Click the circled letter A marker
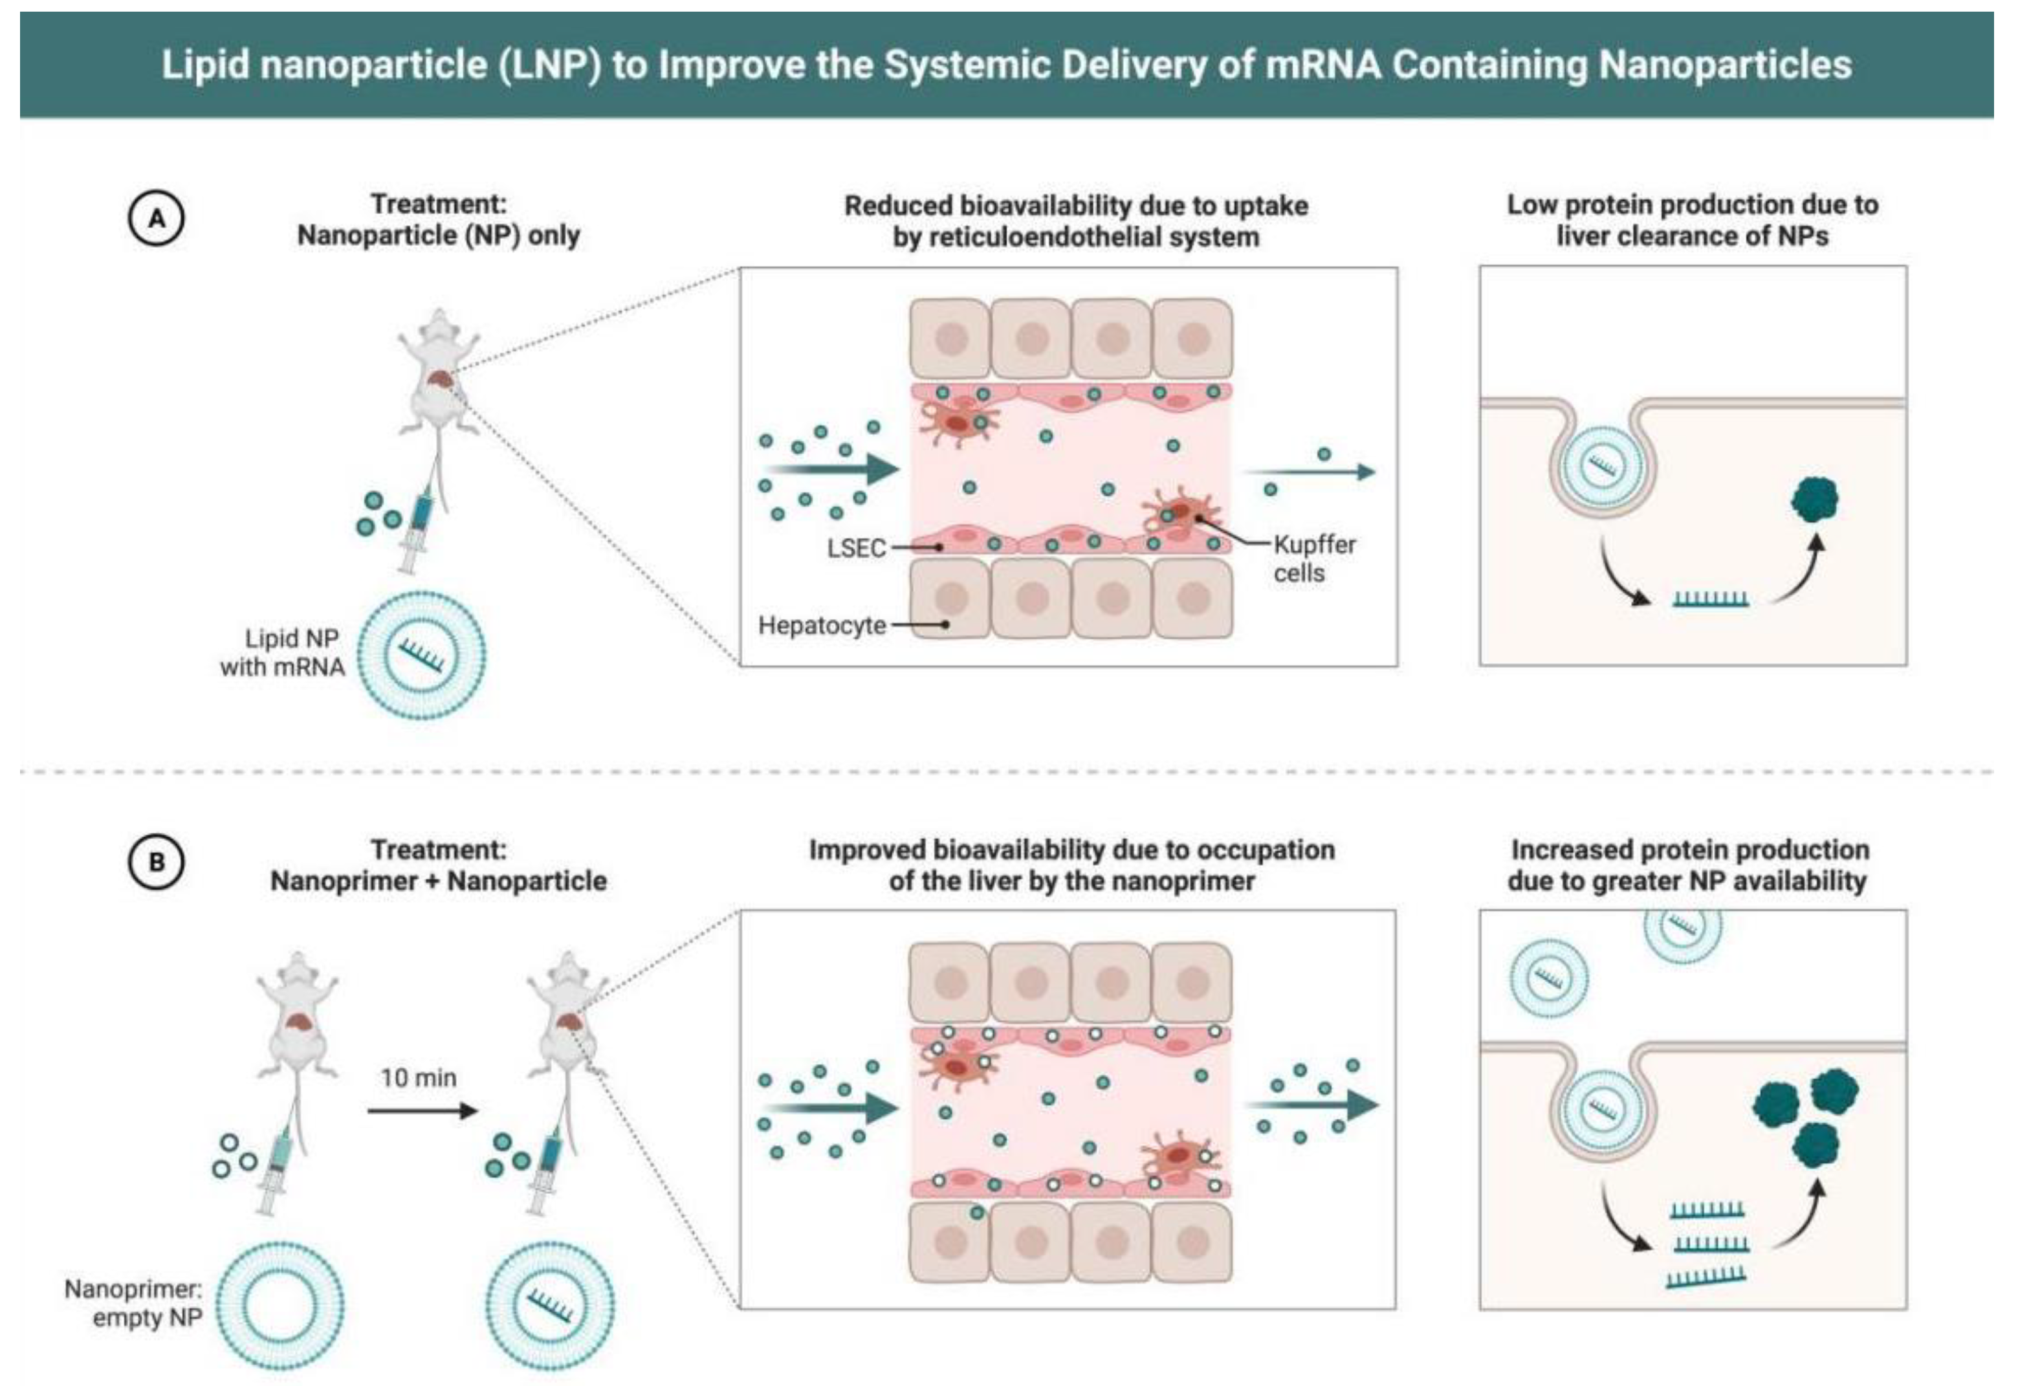157,218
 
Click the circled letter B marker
157,863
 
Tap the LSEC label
856,548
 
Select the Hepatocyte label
822,625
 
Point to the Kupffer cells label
1314,558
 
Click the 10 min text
419,1078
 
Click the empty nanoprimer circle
280,1305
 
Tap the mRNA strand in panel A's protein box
1711,599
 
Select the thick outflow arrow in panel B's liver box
1313,1105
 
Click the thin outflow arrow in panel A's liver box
1311,472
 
